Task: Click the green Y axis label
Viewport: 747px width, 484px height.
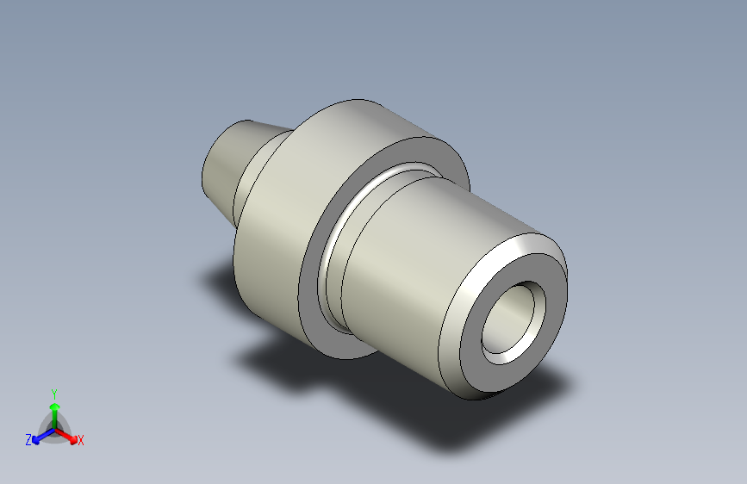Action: point(53,391)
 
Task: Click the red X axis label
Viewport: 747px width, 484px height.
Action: point(81,440)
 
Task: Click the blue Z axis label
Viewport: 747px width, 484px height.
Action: point(28,439)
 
